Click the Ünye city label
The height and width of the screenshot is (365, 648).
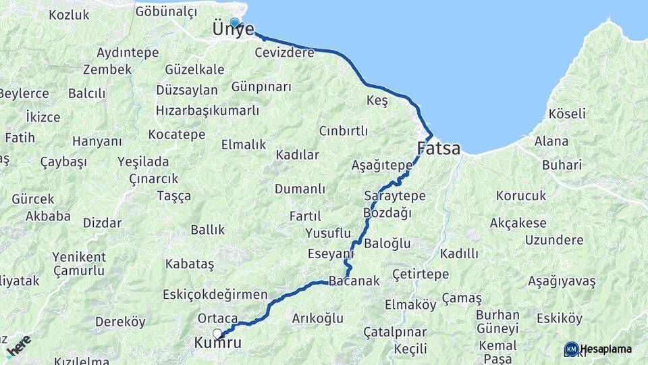(233, 30)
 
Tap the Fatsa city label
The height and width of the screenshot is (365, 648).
(439, 148)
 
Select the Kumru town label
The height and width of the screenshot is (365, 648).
(217, 343)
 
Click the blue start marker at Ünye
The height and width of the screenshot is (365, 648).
(235, 22)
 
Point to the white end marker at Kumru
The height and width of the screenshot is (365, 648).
(217, 333)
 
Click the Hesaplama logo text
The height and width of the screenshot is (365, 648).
(605, 349)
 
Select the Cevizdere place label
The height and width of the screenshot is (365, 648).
(285, 52)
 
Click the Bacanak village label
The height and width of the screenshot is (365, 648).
(354, 281)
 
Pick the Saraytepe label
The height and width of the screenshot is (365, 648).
(395, 196)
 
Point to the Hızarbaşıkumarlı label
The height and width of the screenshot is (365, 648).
(207, 111)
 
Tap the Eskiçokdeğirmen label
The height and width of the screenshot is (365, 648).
(215, 295)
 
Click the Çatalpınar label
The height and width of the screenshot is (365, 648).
(395, 333)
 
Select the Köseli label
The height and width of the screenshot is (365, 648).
(567, 114)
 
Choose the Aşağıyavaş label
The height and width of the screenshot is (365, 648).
(562, 281)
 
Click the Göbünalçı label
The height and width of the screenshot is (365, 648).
(166, 11)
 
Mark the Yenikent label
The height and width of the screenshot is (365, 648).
(80, 257)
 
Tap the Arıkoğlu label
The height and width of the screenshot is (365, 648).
(317, 318)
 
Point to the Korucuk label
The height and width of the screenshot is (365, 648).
(520, 195)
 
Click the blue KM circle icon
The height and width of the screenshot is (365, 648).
(571, 349)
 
